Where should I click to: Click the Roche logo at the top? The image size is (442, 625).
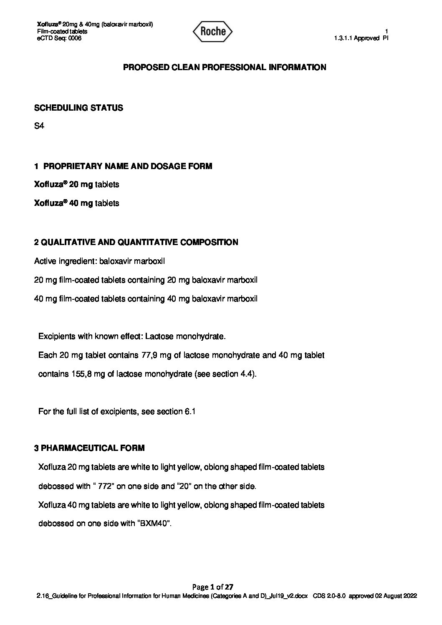[213, 31]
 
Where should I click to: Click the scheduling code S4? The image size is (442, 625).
[39, 126]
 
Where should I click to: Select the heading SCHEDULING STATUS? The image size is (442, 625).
[78, 108]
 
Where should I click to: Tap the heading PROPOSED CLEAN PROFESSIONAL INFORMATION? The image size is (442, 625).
[225, 67]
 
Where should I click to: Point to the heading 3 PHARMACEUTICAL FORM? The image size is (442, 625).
[89, 448]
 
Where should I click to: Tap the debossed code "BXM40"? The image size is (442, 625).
[153, 524]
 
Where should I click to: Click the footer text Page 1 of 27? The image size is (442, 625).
[215, 587]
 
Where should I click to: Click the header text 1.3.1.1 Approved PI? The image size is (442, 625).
[361, 38]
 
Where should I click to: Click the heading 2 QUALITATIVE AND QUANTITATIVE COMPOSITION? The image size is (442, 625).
[136, 242]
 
